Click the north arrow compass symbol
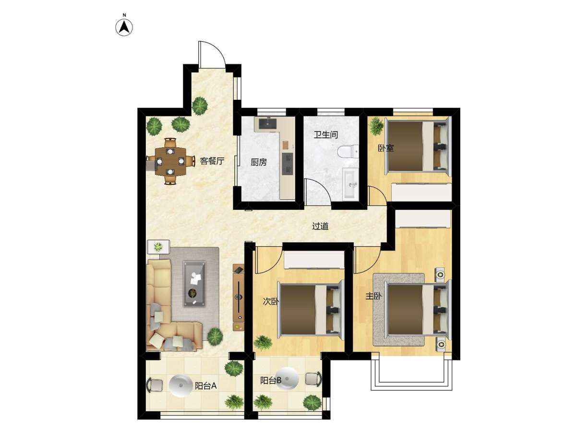click(x=124, y=27)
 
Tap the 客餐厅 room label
click(x=212, y=161)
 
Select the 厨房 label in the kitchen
click(x=258, y=162)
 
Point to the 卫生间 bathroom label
click(x=325, y=135)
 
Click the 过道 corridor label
click(x=320, y=226)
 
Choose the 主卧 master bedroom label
click(x=373, y=296)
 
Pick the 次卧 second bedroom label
click(x=271, y=301)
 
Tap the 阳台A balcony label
click(x=206, y=386)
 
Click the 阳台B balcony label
click(x=271, y=380)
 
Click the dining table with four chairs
click(x=170, y=161)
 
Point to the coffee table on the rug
click(x=194, y=284)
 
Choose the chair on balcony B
click(x=313, y=379)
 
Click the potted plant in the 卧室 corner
click(x=376, y=126)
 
